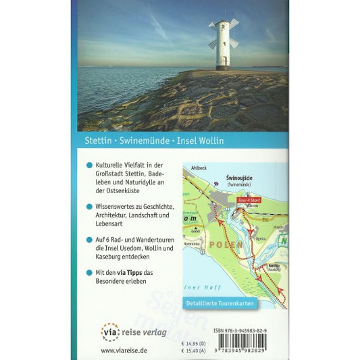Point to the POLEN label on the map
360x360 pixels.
(x=227, y=244)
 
